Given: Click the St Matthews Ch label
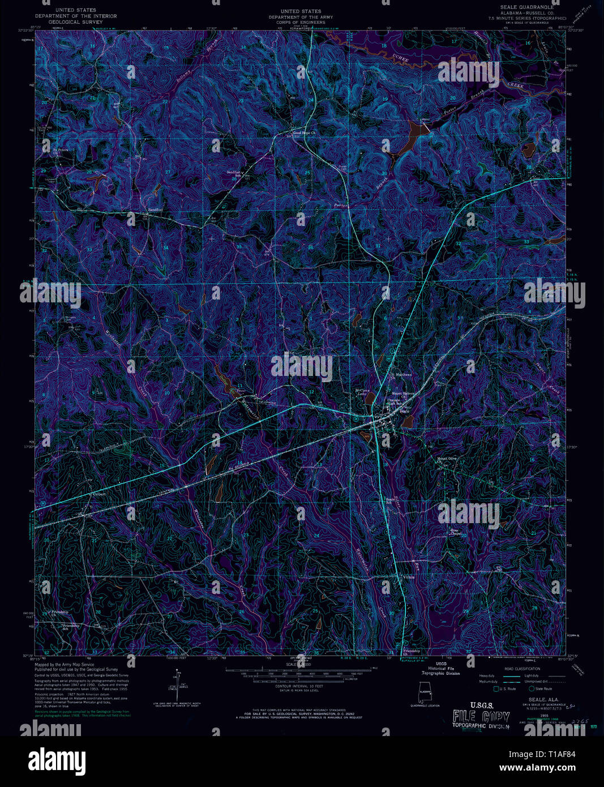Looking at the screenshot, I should (400, 375).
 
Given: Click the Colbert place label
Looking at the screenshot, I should (100, 494).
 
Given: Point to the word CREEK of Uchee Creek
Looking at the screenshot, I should (515, 85).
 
